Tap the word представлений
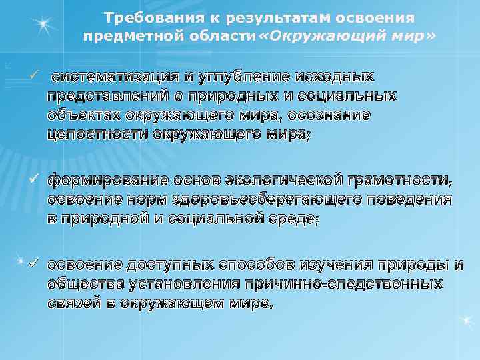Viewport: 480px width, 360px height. point(105,95)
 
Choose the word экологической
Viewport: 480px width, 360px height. point(287,180)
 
